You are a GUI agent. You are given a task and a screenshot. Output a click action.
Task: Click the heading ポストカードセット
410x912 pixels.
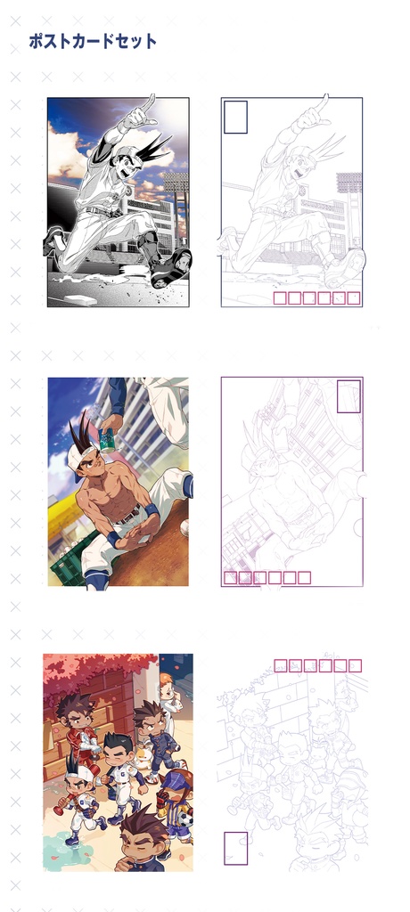click(x=93, y=41)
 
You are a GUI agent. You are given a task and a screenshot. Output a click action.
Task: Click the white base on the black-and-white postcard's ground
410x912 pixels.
click(x=81, y=299)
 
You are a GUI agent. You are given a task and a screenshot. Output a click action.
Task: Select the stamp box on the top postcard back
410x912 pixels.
click(x=235, y=117)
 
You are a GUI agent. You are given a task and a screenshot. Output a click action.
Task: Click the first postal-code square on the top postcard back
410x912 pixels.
click(x=280, y=298)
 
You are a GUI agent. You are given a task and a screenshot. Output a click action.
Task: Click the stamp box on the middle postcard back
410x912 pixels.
click(x=348, y=396)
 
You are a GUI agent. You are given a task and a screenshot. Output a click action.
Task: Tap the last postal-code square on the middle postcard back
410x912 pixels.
click(x=304, y=577)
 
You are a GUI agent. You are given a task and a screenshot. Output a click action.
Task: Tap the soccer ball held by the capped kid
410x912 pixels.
click(x=185, y=819)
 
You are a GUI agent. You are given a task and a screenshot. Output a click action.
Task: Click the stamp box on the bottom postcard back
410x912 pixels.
click(x=236, y=849)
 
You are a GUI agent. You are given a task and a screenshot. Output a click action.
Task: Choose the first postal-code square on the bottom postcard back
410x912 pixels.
click(x=281, y=666)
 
